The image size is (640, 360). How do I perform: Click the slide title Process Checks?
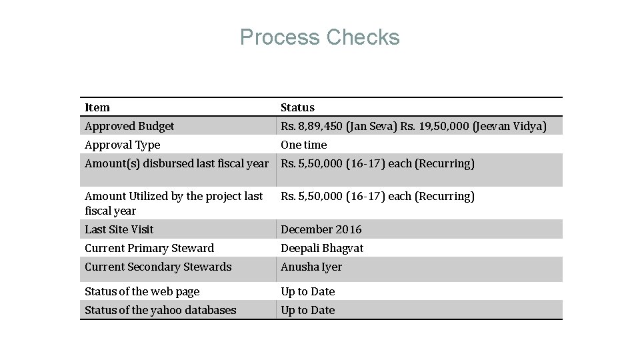[319, 37]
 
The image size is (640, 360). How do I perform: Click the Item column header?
[97, 107]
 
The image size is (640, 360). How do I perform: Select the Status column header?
[297, 107]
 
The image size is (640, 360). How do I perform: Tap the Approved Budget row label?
[129, 126]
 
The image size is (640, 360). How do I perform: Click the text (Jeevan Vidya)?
[509, 126]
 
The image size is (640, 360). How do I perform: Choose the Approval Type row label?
[123, 145]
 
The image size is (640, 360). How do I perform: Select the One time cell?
[304, 145]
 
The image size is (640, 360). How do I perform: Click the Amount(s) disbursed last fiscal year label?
[177, 163]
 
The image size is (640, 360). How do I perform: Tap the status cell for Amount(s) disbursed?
[377, 163]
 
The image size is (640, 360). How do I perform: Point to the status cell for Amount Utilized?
[377, 196]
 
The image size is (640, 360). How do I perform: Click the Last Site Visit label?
[119, 229]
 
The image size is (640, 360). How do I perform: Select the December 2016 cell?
[321, 229]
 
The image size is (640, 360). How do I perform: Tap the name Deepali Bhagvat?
[322, 248]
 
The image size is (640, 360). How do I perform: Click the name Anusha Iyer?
[311, 267]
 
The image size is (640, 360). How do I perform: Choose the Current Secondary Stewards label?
[158, 267]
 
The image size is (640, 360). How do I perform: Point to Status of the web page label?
[142, 291]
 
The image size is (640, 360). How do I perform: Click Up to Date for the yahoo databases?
[308, 310]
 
